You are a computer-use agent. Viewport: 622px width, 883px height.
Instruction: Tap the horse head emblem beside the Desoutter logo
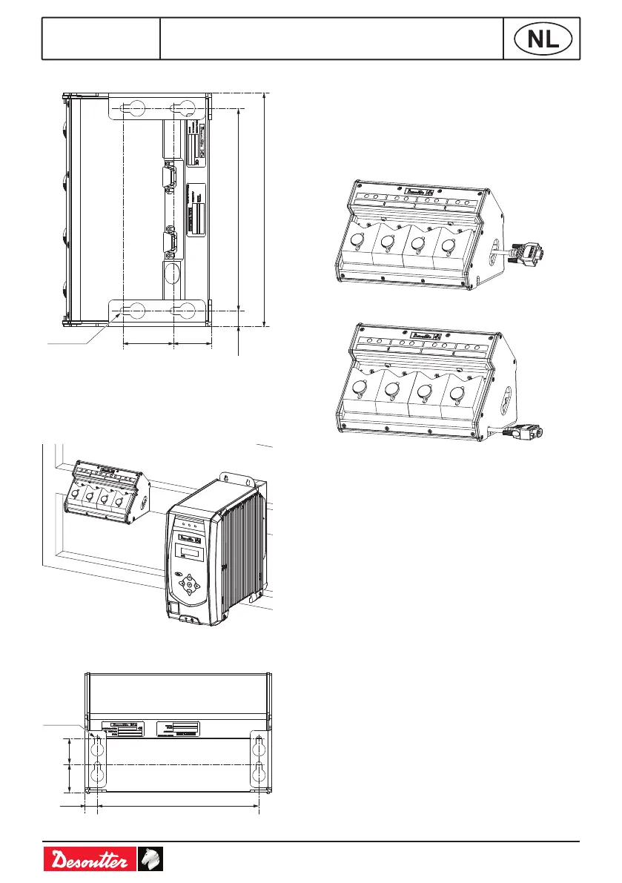click(x=150, y=860)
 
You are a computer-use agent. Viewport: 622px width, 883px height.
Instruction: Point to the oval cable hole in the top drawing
click(x=171, y=272)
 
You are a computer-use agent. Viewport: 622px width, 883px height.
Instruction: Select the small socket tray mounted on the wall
click(x=105, y=493)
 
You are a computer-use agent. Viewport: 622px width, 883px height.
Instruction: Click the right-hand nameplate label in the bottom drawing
click(x=179, y=729)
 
